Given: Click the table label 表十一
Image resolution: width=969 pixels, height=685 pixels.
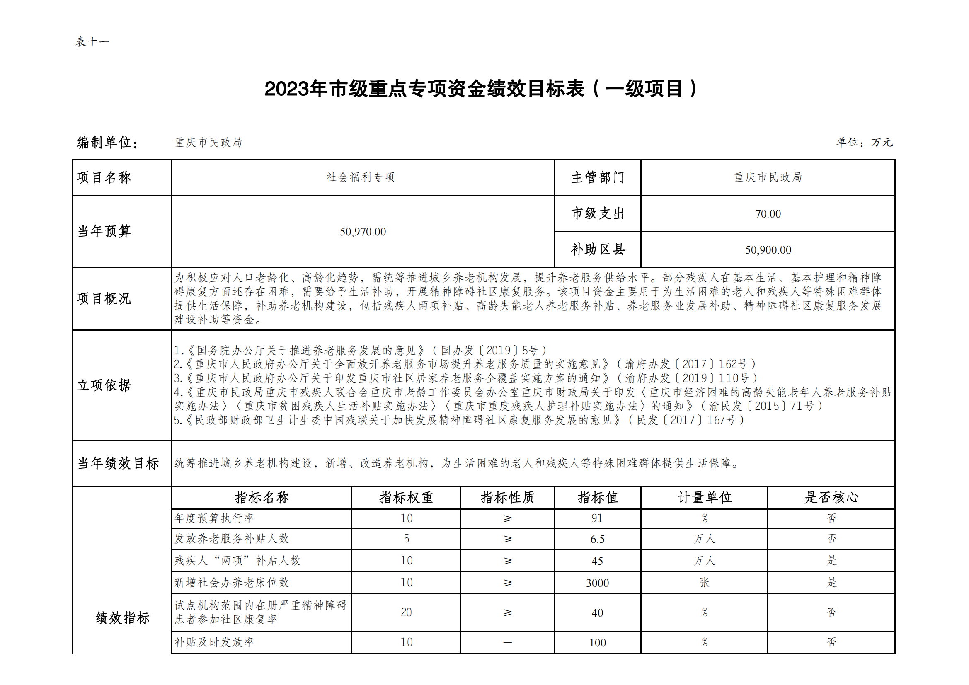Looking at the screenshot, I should [92, 42].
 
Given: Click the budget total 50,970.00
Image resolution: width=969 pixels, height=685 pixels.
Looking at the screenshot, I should [363, 232].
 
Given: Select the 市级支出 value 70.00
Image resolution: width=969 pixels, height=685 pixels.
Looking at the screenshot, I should [768, 214].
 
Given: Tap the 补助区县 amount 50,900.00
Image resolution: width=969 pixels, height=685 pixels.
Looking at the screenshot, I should [768, 250].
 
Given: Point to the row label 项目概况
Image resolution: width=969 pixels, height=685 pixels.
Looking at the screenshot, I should [104, 299].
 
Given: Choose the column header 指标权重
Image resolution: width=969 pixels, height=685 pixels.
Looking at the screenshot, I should [406, 498].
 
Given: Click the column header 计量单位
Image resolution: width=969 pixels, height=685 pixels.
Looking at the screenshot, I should [705, 498].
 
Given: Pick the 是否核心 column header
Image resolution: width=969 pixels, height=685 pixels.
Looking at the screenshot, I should [831, 498].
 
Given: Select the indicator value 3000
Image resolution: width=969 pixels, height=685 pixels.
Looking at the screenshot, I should [597, 583].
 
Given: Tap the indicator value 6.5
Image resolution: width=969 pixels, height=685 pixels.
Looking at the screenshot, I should [597, 540].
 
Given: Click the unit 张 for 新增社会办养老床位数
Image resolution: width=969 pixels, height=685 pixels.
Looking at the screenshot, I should [705, 583].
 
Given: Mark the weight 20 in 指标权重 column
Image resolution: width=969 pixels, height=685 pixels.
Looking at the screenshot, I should [406, 612].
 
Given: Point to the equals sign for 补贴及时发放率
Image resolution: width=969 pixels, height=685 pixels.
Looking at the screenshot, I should [507, 642].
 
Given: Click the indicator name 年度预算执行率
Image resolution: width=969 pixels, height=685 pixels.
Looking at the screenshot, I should [214, 518].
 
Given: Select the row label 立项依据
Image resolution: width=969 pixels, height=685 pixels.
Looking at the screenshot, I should [104, 385].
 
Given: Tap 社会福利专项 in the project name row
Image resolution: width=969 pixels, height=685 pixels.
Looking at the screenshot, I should [361, 177].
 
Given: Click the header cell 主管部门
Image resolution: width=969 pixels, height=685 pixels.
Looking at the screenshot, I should [597, 178].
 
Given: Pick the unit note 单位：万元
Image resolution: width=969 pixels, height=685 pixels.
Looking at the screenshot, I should [864, 142].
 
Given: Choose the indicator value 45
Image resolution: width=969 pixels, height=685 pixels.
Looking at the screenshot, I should [597, 562].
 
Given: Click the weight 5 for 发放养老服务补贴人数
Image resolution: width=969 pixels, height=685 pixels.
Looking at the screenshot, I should [406, 539].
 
